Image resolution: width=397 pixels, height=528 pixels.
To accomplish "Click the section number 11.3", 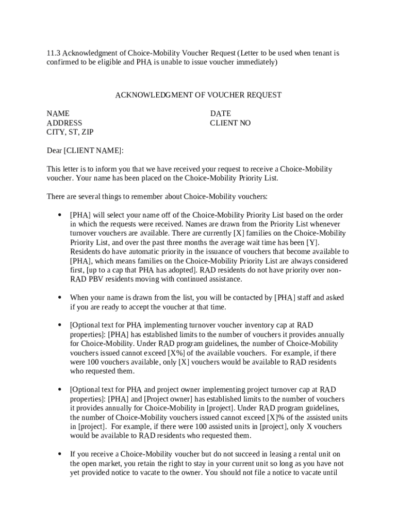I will pyautogui.click(x=54, y=53).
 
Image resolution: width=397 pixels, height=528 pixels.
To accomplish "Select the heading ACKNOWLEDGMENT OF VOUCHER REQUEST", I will pyautogui.click(x=198, y=95).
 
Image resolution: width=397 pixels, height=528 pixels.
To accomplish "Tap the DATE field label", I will pyautogui.click(x=220, y=113).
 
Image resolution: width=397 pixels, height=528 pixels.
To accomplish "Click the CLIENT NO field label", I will pyautogui.click(x=230, y=123).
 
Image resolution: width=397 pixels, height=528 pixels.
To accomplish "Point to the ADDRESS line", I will pyautogui.click(x=64, y=123).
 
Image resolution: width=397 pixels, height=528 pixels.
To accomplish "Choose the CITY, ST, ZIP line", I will pyautogui.click(x=70, y=132).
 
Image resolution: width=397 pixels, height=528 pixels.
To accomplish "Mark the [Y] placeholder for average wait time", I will pyautogui.click(x=312, y=242).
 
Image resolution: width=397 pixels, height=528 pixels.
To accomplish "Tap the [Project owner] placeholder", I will pyautogui.click(x=164, y=399).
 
